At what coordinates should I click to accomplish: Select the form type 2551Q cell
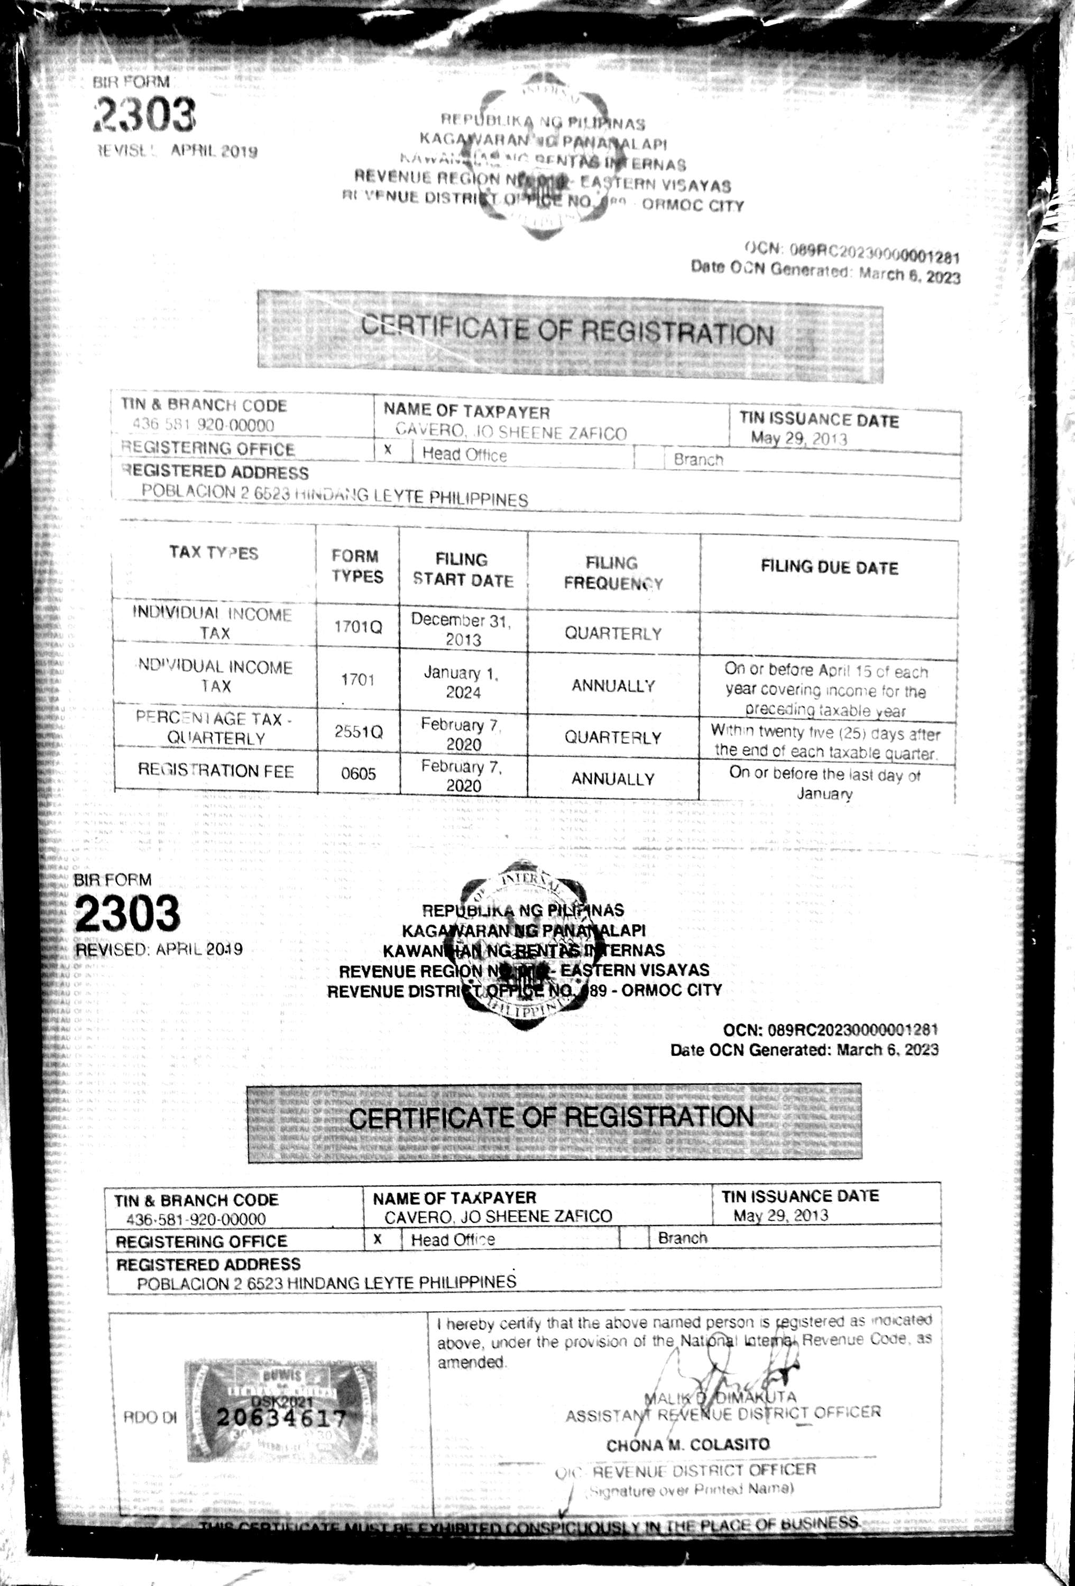pos(359,732)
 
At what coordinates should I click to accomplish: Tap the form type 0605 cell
pos(359,773)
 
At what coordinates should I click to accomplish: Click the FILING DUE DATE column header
pos(829,568)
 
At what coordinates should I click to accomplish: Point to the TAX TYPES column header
pos(214,553)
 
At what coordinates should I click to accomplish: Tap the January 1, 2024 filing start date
pos(462,682)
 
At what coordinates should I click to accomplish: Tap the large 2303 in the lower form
pos(127,913)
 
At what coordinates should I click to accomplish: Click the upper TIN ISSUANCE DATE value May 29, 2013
pos(798,438)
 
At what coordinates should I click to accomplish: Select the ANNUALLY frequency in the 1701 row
pos(612,685)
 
